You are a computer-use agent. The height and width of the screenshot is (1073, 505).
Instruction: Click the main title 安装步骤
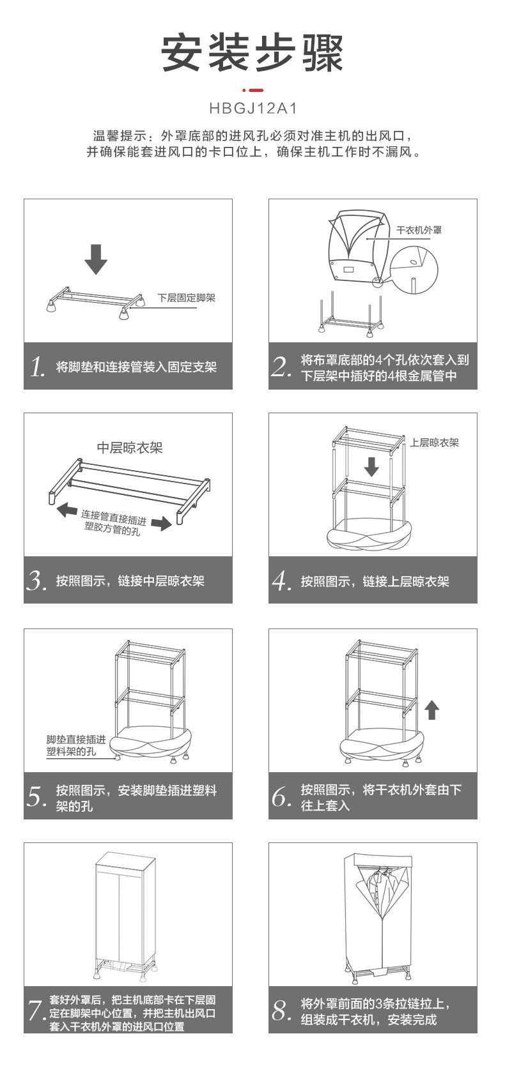252,52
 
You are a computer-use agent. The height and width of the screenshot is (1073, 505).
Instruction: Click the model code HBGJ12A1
253,109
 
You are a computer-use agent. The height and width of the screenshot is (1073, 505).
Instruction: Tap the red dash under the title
253,90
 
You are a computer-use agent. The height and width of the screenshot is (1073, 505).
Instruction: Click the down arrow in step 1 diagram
96,259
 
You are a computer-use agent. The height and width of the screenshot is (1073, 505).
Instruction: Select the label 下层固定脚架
187,298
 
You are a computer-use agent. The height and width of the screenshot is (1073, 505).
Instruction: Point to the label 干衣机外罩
419,230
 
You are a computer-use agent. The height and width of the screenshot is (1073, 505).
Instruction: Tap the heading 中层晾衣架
130,448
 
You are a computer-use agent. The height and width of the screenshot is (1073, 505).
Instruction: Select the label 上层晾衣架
435,443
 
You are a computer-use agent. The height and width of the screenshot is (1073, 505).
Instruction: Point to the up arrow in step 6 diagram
432,710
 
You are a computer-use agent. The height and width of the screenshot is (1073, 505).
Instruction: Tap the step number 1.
38,367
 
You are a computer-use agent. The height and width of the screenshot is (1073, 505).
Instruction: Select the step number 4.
282,581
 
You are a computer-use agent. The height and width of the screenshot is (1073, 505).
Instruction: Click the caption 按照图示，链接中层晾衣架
130,581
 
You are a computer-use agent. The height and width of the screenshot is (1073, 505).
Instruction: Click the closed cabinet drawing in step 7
126,913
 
